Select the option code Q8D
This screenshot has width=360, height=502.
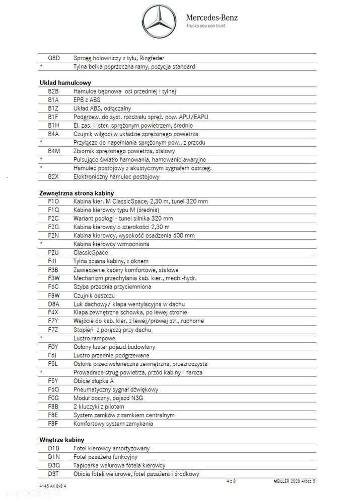54,58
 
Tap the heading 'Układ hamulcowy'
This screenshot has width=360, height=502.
64,82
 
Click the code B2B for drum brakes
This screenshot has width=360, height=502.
54,91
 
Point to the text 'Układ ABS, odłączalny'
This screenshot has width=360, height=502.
102,109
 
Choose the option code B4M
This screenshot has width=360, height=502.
54,151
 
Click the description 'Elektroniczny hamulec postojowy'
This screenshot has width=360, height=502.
116,177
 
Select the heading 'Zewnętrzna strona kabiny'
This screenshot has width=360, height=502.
77,193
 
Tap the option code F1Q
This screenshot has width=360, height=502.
54,210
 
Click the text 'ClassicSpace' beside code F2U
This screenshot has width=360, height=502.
91,253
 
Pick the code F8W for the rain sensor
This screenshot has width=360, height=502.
54,295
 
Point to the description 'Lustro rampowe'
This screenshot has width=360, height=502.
94,338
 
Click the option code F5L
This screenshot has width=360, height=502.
54,364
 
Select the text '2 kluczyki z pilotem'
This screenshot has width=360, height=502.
99,407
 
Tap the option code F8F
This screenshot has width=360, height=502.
54,424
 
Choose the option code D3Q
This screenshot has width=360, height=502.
54,466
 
